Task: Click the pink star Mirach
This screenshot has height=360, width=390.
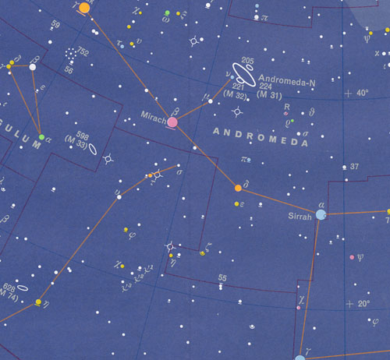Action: coord(172,122)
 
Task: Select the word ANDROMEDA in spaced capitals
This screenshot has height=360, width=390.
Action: coord(251,133)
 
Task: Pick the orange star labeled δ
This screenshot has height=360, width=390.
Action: coord(238,188)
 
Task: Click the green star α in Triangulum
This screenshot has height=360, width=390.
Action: coord(41,137)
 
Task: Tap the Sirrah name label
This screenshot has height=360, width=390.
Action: coord(300,218)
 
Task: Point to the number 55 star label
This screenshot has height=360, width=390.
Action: coord(222,277)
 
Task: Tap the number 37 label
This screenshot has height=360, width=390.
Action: coord(353,167)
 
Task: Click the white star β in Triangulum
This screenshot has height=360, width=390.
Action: coord(33,67)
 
